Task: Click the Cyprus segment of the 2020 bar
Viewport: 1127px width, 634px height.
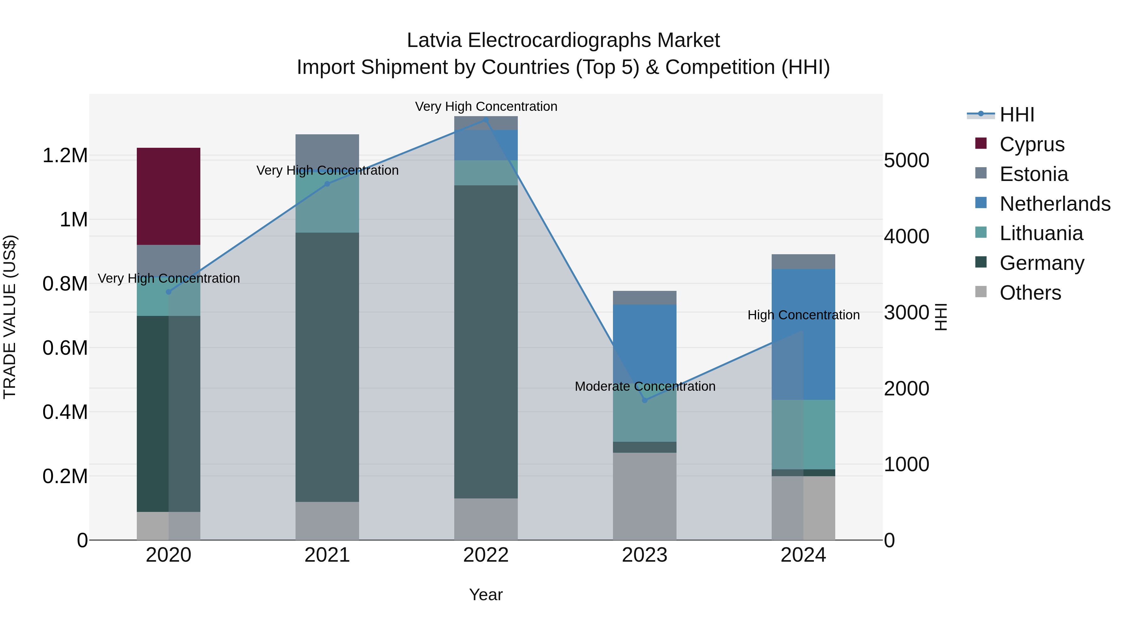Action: (168, 196)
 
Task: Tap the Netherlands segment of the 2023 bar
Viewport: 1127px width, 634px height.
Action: (645, 346)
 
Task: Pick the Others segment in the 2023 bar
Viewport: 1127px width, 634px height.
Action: (645, 496)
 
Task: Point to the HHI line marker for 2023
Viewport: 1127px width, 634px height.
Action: (645, 400)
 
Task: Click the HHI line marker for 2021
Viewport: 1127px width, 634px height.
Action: (327, 184)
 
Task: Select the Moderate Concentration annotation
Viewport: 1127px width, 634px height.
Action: (645, 386)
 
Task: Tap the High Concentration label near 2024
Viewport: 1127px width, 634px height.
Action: (803, 315)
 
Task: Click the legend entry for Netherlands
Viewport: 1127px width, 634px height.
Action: (1055, 204)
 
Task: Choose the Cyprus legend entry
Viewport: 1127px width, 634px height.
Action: (1032, 144)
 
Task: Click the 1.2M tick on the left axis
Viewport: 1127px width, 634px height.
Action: (65, 156)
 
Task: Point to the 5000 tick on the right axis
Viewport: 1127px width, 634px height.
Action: (906, 161)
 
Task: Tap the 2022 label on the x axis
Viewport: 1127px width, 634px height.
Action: (486, 555)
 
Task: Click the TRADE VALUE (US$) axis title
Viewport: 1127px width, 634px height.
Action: (10, 317)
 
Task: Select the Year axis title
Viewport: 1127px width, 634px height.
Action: (486, 595)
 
